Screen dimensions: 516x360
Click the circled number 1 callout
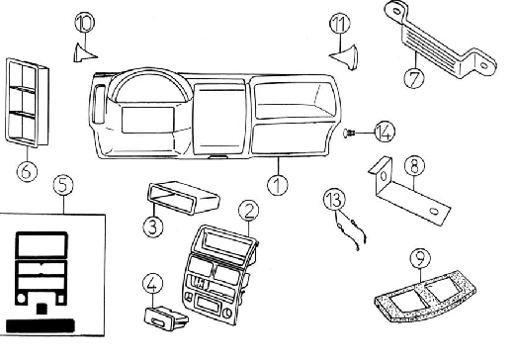coord(278,185)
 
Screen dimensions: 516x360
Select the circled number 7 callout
coord(414,78)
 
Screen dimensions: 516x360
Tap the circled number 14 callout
coord(385,133)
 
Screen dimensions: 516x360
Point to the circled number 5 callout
coord(63,185)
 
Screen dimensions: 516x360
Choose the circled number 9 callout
coord(420,259)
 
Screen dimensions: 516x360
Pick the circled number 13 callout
coord(334,199)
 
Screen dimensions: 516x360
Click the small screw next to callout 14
coord(349,134)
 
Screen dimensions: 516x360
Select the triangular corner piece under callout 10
coord(83,53)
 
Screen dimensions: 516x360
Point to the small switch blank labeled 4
coord(166,318)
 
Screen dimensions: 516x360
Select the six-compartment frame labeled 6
coord(27,102)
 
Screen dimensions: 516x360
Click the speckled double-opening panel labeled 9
coord(425,296)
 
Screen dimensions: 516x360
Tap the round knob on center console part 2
coord(227,313)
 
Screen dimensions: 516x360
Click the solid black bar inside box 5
coord(40,325)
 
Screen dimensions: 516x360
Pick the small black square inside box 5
coord(42,309)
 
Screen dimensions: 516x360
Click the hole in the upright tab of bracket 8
coord(384,176)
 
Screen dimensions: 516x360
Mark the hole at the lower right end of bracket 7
coord(483,65)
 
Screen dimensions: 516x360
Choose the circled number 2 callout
coord(249,211)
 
